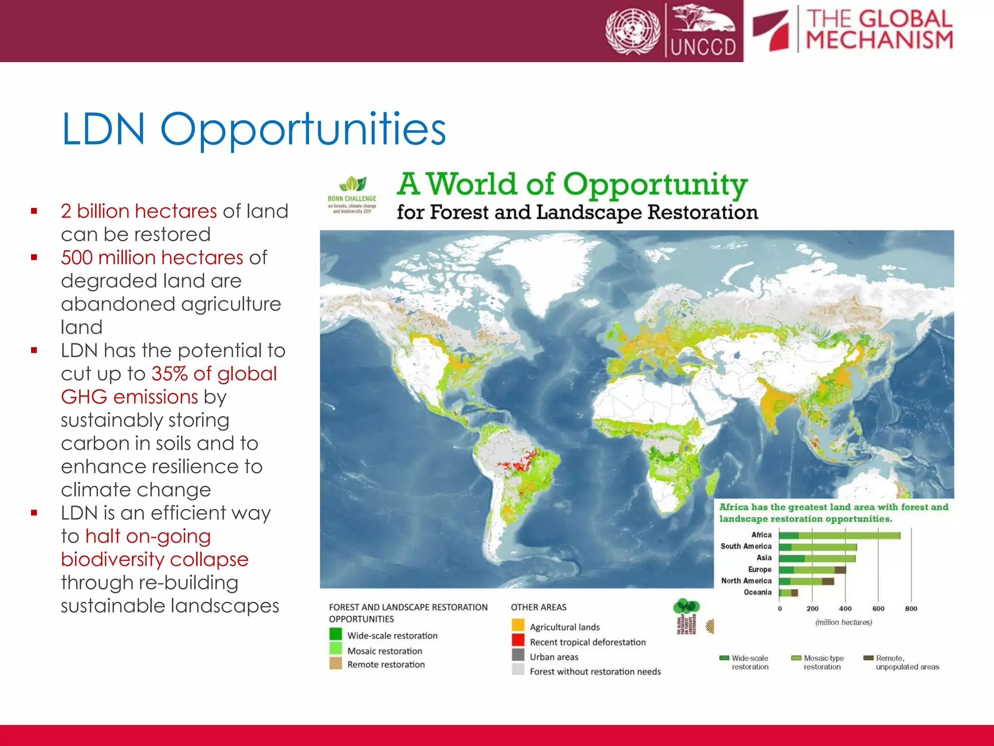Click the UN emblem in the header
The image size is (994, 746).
(632, 31)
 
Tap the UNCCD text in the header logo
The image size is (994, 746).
(703, 47)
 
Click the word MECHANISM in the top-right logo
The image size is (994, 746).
(879, 40)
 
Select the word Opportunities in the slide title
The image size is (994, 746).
(303, 129)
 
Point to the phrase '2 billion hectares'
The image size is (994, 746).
(139, 211)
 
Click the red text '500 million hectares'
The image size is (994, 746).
(152, 257)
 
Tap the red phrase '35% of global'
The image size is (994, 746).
(214, 373)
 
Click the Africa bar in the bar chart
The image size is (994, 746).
(840, 535)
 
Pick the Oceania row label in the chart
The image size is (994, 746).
(757, 592)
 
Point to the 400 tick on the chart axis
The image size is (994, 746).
(845, 609)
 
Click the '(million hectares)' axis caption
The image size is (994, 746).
(844, 622)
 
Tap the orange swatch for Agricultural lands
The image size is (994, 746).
(518, 625)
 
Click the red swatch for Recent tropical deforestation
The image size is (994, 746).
(518, 640)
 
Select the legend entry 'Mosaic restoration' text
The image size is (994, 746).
(384, 651)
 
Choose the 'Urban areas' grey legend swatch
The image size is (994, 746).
(518, 655)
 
